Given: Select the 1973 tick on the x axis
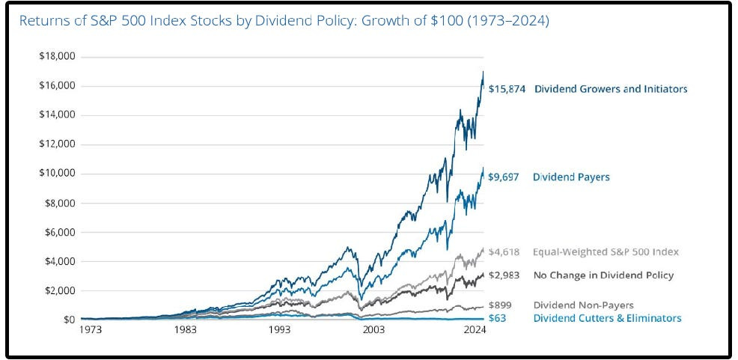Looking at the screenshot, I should [x=91, y=330].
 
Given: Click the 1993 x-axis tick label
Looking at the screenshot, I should [x=280, y=330].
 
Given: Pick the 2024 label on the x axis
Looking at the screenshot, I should [x=475, y=330].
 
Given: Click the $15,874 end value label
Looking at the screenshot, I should [x=507, y=89].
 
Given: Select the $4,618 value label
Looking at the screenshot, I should [x=504, y=252].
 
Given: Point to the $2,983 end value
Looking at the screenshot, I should [x=504, y=275].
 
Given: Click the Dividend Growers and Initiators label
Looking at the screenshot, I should [x=611, y=89].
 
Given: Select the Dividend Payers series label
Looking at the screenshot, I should [x=571, y=177].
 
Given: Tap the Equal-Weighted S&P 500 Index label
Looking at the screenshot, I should [x=606, y=252].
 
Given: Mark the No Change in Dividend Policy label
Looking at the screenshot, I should [x=603, y=275].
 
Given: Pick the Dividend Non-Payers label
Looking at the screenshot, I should [x=583, y=305].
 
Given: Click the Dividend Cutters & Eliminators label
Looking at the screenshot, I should [x=607, y=318].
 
